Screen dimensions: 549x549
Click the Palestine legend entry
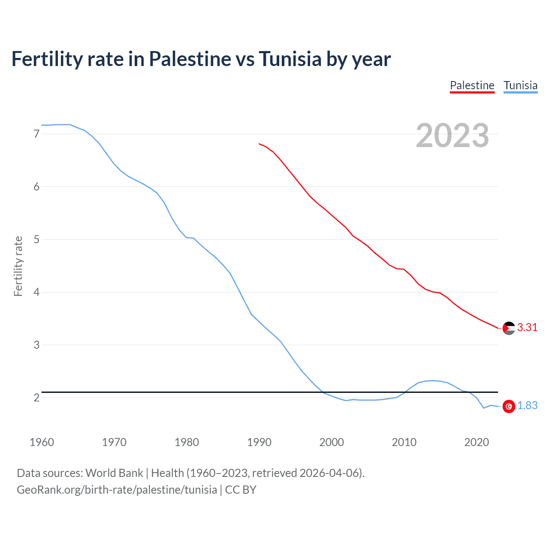(472, 85)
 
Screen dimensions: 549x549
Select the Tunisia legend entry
(520, 85)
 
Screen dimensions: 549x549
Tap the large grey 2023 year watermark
(452, 136)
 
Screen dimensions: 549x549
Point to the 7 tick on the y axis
(36, 134)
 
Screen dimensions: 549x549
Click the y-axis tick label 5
(36, 239)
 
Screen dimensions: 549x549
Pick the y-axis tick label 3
(36, 345)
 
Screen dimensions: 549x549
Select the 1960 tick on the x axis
(42, 442)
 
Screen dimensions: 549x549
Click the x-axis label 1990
(259, 442)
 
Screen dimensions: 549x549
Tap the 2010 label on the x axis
(404, 442)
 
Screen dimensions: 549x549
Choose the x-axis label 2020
(477, 442)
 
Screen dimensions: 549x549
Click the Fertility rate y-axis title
(18, 266)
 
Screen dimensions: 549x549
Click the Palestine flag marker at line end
(509, 328)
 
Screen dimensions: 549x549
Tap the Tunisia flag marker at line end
(509, 406)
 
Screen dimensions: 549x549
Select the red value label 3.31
(527, 328)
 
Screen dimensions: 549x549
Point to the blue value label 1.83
(527, 406)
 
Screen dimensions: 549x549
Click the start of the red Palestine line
(259, 144)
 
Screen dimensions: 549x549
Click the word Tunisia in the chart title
(290, 59)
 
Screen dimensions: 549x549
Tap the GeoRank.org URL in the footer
(117, 490)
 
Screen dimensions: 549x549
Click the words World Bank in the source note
(114, 473)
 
